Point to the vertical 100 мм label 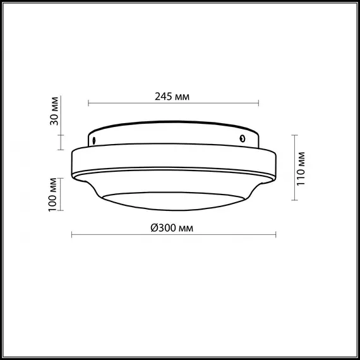coord(55,195)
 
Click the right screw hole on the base coord(242,138)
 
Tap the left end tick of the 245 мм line coord(88,104)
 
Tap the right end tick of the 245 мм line coord(258,104)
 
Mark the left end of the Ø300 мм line coord(71,236)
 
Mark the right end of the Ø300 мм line coord(275,236)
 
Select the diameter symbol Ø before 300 coord(154,228)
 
